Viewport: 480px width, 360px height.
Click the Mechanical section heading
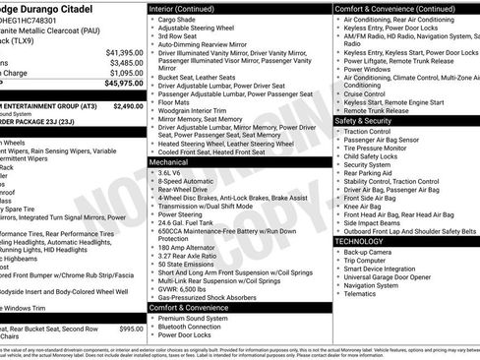171,161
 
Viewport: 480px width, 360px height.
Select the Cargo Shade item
178,20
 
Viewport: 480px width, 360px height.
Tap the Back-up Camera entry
369,252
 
